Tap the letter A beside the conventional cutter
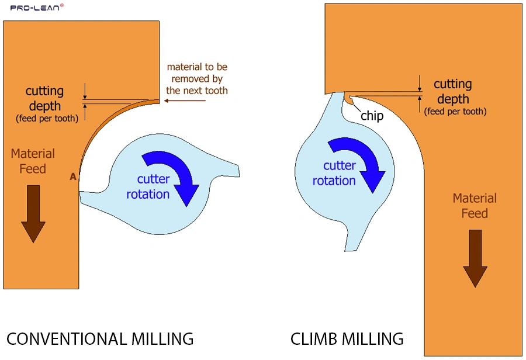[73, 176]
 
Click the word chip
[372, 116]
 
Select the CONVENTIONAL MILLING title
[99, 338]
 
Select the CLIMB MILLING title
[347, 338]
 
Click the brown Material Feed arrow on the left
[33, 213]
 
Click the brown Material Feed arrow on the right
[475, 257]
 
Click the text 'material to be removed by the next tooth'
[197, 79]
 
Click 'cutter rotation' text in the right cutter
[334, 173]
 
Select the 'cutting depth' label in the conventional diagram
[44, 99]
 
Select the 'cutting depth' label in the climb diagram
[453, 92]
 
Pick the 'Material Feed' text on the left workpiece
[33, 161]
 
